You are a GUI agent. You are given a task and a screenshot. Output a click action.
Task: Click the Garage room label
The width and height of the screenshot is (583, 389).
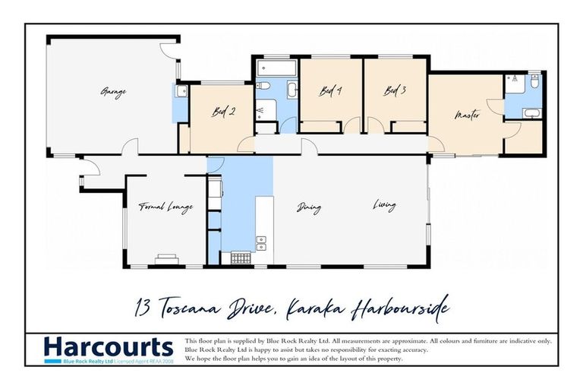113,92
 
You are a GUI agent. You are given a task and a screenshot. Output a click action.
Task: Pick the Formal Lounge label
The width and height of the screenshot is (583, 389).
165,207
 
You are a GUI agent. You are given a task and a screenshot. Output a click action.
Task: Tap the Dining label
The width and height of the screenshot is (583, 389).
309,207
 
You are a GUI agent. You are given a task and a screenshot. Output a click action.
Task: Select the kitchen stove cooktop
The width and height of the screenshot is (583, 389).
240,258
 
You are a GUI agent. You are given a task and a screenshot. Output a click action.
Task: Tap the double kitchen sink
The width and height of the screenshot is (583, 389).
261,243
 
